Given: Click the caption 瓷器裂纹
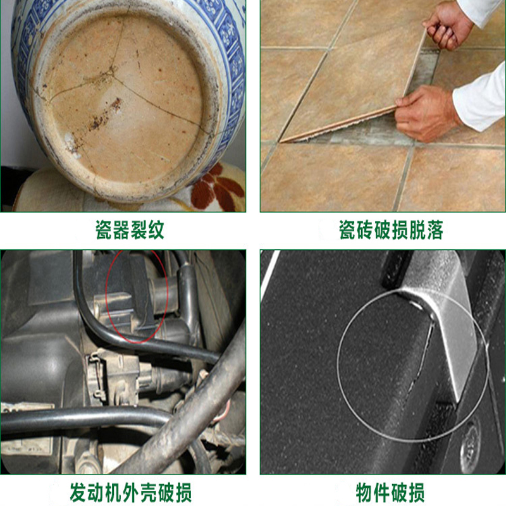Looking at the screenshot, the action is coord(130,230).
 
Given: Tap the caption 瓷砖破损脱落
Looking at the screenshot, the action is coord(391,230).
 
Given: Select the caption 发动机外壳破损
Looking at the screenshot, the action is coord(131,493).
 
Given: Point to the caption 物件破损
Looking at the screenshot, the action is coord(390,493).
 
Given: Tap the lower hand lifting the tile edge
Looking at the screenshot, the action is coord(426,113).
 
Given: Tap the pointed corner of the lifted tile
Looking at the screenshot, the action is coord(280,141).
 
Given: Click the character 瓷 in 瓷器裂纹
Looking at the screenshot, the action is coord(104,230).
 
